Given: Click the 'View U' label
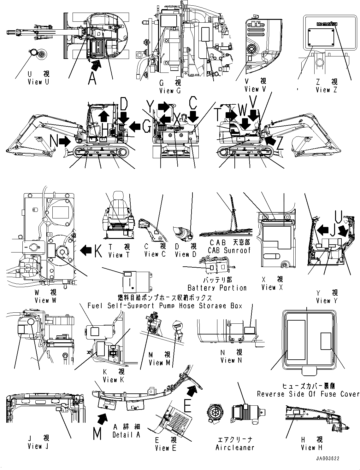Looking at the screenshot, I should tap(38, 82).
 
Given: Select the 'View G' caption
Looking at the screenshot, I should tap(170, 91).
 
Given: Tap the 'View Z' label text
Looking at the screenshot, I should tap(326, 90).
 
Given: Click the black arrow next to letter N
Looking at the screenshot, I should tap(65, 142).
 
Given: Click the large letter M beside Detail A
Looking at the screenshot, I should tap(97, 434).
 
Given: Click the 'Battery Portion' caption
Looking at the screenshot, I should tap(217, 288).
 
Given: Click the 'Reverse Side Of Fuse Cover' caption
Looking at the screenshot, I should tap(308, 394).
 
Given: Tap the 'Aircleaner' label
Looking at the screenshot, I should tap(235, 448).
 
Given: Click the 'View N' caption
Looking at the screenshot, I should tap(231, 360).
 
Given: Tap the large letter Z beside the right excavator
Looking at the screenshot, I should tap(279, 143).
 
